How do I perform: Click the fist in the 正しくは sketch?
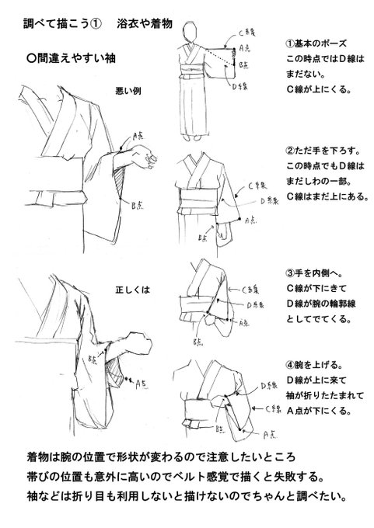pos(128,347)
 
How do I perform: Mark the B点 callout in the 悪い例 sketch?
pos(135,204)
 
